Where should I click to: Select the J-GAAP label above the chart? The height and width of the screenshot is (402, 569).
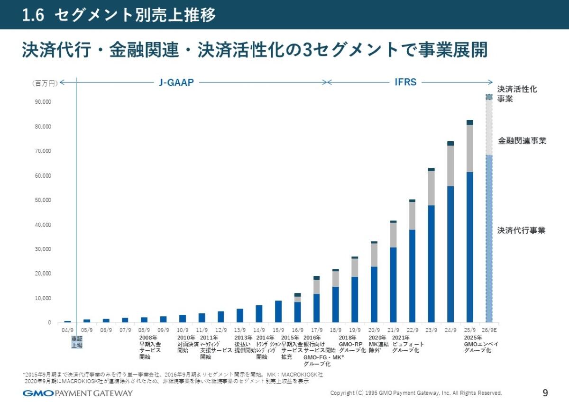coord(176,82)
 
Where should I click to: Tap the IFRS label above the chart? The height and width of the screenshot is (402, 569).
coord(405,82)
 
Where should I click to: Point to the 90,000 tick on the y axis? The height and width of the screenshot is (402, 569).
coord(43,102)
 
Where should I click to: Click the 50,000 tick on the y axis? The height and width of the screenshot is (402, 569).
coord(43,200)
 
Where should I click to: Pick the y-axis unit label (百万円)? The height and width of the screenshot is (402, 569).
coord(45,83)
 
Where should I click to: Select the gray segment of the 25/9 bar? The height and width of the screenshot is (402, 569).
coord(469,148)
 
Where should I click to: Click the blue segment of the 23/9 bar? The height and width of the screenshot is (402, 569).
coord(431,264)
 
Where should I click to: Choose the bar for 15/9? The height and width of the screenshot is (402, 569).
coord(278,311)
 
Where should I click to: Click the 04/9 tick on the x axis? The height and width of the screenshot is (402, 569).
coord(67,330)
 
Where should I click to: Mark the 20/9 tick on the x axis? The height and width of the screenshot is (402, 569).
coord(374,330)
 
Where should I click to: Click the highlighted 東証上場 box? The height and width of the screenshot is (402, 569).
coord(77,342)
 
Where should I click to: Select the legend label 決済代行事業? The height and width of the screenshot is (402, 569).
coord(521,230)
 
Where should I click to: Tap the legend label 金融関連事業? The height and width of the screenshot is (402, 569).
coord(522,141)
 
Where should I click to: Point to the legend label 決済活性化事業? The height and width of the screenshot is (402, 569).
coord(517,94)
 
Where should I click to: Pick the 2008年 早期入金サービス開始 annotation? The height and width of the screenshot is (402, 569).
coord(150,347)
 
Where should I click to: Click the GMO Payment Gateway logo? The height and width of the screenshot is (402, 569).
coord(78,393)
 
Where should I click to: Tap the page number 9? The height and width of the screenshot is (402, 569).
coord(545,393)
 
